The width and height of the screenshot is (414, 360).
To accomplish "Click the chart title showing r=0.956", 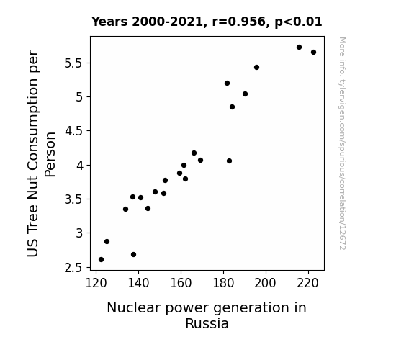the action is point(207,22).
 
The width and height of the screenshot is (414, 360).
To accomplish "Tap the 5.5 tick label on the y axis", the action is point(73,63).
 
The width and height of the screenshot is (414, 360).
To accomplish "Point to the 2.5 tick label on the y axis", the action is point(73,268).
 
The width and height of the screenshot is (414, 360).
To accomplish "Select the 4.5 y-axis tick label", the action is point(73,131).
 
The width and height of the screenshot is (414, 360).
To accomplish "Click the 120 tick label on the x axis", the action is point(96,283).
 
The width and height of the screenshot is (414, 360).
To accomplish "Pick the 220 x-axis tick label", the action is point(308,283).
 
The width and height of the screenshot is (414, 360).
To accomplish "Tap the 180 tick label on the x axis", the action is point(223,283).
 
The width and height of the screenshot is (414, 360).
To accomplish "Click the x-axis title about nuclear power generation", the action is point(207,315).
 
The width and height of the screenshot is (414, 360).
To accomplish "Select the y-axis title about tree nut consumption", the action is point(41,153).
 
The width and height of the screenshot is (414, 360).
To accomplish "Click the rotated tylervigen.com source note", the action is point(342,143).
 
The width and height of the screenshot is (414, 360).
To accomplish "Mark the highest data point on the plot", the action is point(299,48).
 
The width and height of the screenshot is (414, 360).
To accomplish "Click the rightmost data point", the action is point(313,53).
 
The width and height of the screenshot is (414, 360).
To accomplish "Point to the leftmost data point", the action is point(101,260).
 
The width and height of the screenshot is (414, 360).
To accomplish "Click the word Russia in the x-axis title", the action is point(207,324).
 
